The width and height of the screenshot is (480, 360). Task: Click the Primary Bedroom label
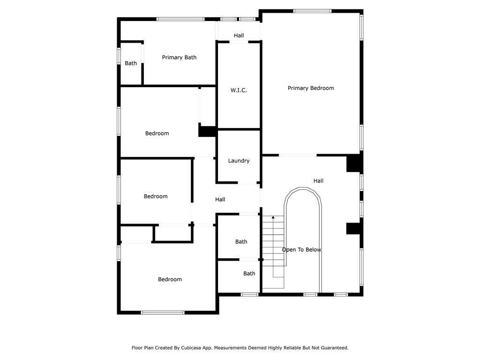(311, 88)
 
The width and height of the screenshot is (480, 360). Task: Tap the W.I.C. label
(239, 90)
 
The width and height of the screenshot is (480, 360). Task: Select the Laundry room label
(239, 161)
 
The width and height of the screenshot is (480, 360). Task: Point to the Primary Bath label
(179, 57)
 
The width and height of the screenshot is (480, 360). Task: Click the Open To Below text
(301, 250)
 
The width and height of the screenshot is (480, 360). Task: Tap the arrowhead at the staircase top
(273, 217)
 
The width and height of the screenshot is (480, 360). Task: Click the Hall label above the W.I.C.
(239, 36)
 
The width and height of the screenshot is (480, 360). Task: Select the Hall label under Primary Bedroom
(318, 181)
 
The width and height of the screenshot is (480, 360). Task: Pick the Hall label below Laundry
(220, 200)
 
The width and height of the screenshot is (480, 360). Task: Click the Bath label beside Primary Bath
(131, 63)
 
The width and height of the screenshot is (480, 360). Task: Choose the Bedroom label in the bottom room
(170, 279)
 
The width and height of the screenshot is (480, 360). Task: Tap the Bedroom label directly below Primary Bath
(157, 134)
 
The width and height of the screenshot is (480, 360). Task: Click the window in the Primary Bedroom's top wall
(312, 11)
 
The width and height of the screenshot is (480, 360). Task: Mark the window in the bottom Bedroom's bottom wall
(163, 313)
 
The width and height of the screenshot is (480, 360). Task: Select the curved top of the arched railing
(303, 188)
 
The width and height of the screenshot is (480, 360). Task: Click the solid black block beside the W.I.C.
(208, 132)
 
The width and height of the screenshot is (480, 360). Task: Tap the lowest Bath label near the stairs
(249, 274)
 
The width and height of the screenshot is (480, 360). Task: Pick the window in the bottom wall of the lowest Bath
(249, 294)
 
